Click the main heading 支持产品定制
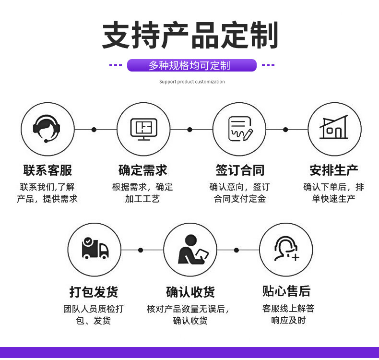190,36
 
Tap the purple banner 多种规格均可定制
191,65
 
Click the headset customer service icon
47,129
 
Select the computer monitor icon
143,129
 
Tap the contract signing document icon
239,129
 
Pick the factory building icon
334,129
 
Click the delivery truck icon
95,249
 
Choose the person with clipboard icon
190,250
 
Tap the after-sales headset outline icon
286,249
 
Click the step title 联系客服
47,170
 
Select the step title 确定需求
143,170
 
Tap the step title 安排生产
334,170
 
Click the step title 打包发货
94,291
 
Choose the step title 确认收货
190,291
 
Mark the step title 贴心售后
286,291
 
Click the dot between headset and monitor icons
94,129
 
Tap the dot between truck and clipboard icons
141,250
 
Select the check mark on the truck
88,241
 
